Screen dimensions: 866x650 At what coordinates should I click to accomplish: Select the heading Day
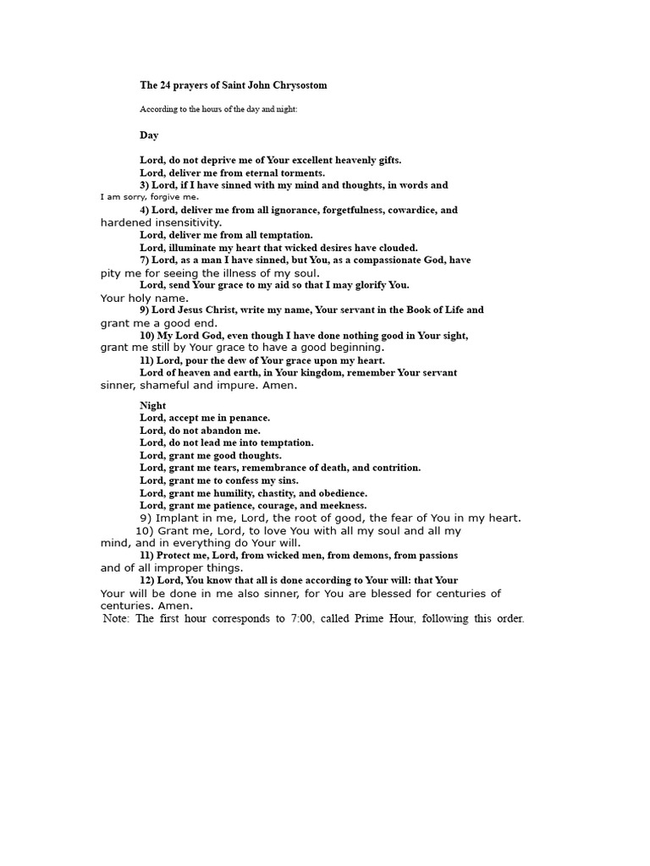pyautogui.click(x=149, y=135)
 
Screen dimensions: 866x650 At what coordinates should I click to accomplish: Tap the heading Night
pyautogui.click(x=152, y=406)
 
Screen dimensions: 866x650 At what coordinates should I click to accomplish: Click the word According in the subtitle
pyautogui.click(x=159, y=109)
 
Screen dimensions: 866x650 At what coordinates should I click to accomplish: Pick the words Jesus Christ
pyautogui.click(x=213, y=310)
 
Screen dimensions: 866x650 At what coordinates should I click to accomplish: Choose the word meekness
pyautogui.click(x=341, y=506)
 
